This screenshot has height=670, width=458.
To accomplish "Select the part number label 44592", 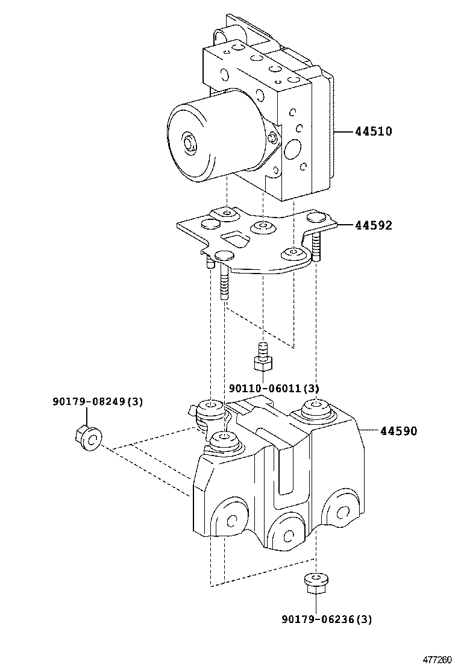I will click(x=374, y=226).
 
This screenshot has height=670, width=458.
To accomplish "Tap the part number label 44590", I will click(x=398, y=431).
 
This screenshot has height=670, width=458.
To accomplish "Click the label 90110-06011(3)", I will click(x=274, y=389).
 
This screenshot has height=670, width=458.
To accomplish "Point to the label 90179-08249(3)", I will click(x=97, y=402).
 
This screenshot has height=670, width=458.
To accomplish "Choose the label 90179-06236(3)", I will click(x=327, y=619).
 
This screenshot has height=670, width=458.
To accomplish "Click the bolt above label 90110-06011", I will click(x=262, y=357).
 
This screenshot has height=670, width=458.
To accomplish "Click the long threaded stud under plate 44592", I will click(x=224, y=283).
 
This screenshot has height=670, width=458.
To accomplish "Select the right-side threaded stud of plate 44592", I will click(x=316, y=247).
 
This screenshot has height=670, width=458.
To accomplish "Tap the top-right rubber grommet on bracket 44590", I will click(x=314, y=408).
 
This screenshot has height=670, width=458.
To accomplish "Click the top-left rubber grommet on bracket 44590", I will click(x=210, y=407).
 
